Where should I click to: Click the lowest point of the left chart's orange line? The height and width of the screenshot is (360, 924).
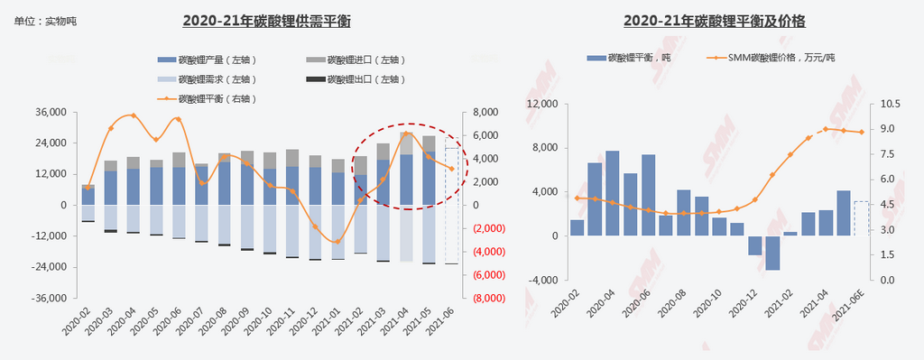337,242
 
